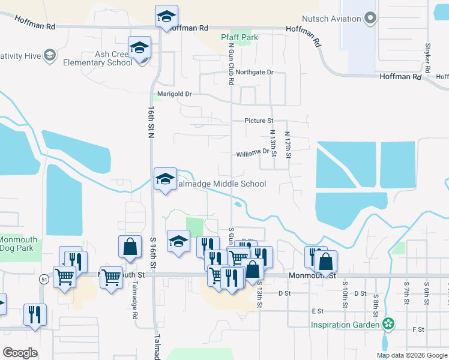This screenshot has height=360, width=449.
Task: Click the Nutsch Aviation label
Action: pos(332,19)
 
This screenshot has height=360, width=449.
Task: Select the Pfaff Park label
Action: pos(240,37)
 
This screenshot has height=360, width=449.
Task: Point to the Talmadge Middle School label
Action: pos(220,184)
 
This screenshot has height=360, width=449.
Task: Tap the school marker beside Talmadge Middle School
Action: pos(165,179)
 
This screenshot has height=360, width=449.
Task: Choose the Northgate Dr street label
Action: pos(255,72)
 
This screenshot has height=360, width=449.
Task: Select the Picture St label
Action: pos(259,121)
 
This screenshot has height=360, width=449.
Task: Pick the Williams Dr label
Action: pos(252,153)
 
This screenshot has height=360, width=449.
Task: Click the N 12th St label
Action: pos(288,145)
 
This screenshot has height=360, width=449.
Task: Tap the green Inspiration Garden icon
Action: pos(389,325)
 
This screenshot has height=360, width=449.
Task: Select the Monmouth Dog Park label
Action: pos(19,243)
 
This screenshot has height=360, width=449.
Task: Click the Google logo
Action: pos(20,353)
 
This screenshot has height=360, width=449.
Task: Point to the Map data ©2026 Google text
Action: pos(412,355)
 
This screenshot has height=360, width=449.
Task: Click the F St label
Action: pos(418,329)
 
